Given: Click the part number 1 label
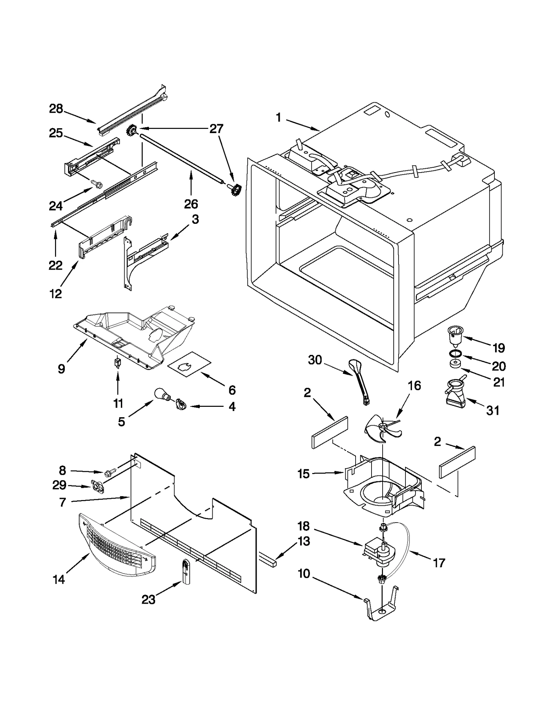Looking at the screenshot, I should pos(278,118).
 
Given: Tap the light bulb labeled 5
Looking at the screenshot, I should pos(161,395).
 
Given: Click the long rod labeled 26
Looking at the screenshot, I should pos(180,158).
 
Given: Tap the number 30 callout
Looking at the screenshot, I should pos(315,360).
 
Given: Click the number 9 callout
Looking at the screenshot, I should pos(61,369).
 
